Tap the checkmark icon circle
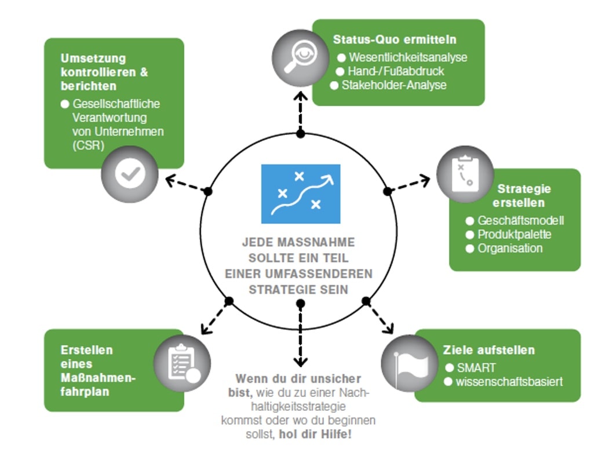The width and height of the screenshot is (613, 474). click(x=130, y=174)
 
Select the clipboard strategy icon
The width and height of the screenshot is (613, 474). click(x=465, y=173)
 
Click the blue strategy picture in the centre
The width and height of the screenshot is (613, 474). click(x=300, y=194)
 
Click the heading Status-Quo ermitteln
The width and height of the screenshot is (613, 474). click(x=395, y=40)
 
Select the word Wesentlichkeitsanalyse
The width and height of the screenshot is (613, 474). click(x=408, y=57)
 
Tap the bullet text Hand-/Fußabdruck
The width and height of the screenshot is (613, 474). click(x=396, y=71)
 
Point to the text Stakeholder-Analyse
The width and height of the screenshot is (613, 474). click(x=394, y=85)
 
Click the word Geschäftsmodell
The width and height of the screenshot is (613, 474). click(x=520, y=221)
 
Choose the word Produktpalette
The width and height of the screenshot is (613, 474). click(x=514, y=235)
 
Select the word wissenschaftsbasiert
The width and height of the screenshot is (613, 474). click(x=509, y=381)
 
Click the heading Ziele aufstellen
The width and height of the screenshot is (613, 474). click(x=488, y=351)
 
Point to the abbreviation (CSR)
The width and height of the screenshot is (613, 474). click(x=89, y=145)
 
